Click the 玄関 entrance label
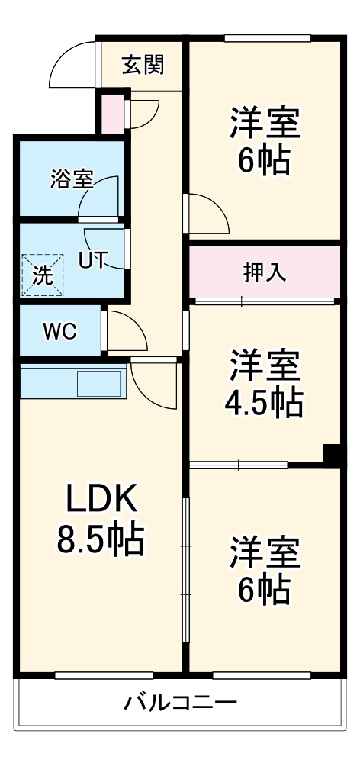tap(143, 66)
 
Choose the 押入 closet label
tap(264, 273)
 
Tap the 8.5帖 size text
tap(100, 540)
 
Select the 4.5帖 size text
tap(265, 402)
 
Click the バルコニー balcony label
tap(180, 702)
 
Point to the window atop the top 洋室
tap(267, 38)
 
